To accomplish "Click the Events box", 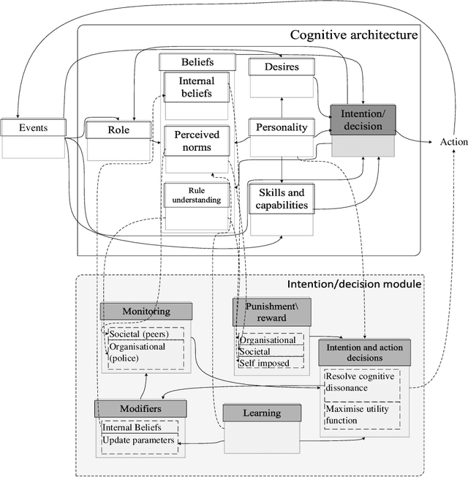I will point(33,128).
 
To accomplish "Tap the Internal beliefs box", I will point(196,87).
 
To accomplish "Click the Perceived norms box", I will point(196,140).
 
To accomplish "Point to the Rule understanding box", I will point(195,195).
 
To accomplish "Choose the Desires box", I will point(283,67).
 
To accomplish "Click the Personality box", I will point(282,127).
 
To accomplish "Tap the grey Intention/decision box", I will point(363,120).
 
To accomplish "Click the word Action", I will point(453,142).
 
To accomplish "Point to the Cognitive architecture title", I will point(354,34).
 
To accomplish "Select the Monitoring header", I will point(146,311).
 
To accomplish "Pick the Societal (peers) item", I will point(139,334).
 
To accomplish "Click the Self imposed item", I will point(265,363).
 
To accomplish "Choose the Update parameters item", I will point(138,440).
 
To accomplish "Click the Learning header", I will point(261,413).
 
